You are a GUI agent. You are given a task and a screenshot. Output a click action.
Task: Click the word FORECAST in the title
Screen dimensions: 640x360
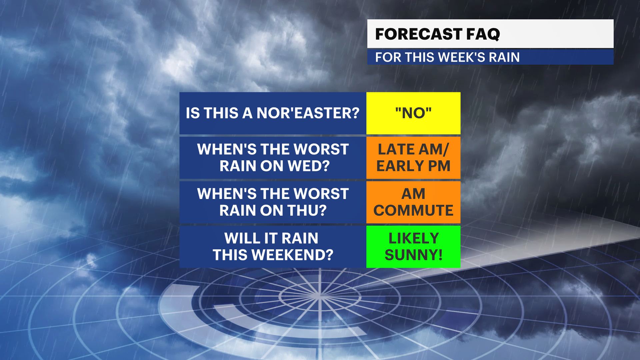[419, 34]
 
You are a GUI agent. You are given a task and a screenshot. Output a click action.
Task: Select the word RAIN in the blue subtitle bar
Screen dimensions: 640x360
[504, 57]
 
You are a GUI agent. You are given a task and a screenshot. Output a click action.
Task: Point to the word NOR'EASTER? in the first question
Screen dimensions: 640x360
[308, 113]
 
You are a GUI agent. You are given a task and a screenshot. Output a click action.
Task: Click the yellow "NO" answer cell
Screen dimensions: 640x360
[413, 113]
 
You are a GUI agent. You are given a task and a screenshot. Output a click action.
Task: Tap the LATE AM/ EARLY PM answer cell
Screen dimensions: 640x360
[413, 158]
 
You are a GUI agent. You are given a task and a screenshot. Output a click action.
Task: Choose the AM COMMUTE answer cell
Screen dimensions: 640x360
[413, 202]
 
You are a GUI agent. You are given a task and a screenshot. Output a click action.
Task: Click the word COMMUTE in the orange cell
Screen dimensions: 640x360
[413, 210]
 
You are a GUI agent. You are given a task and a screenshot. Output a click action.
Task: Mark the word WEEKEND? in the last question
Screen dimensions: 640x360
[292, 255]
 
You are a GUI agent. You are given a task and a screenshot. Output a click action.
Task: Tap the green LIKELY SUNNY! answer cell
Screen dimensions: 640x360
[413, 247]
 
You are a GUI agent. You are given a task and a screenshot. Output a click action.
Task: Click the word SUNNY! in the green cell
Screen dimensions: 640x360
[414, 255]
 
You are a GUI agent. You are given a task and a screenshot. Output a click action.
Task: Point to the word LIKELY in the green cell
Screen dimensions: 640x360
[414, 238]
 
